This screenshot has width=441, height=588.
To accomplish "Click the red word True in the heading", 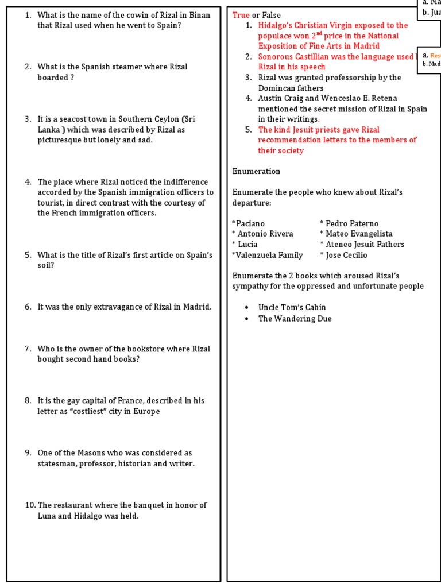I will pyautogui.click(x=241, y=15).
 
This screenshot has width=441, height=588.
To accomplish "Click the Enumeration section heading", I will pyautogui.click(x=256, y=171).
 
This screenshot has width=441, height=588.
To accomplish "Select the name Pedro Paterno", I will pyautogui.click(x=351, y=223).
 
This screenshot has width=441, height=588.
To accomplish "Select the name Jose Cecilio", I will pyautogui.click(x=346, y=255).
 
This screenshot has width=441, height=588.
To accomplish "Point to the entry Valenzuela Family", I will pyautogui.click(x=268, y=255).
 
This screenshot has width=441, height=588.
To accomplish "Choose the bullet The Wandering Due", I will pyautogui.click(x=295, y=318).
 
